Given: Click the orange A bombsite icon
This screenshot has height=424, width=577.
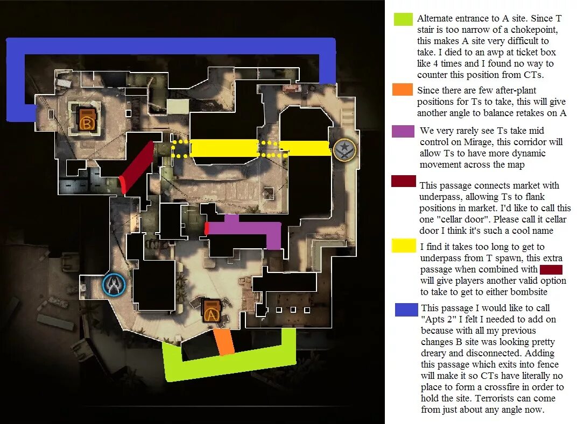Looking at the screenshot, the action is (211, 311).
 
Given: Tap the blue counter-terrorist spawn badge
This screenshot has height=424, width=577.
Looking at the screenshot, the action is (114, 285).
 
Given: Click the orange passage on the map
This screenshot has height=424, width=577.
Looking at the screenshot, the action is (224, 342).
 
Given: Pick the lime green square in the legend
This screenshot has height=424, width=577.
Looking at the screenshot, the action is (403, 19).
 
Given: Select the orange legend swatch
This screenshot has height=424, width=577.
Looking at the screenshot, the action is (403, 90).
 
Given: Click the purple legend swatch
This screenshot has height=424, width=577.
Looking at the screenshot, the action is (403, 131).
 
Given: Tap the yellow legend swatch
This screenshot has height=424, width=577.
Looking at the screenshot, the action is (403, 246).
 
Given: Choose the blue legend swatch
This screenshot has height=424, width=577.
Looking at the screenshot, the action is (406, 310).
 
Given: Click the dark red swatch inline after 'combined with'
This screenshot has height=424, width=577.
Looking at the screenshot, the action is (551, 269).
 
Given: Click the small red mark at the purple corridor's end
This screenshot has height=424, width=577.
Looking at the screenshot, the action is (206, 228).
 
